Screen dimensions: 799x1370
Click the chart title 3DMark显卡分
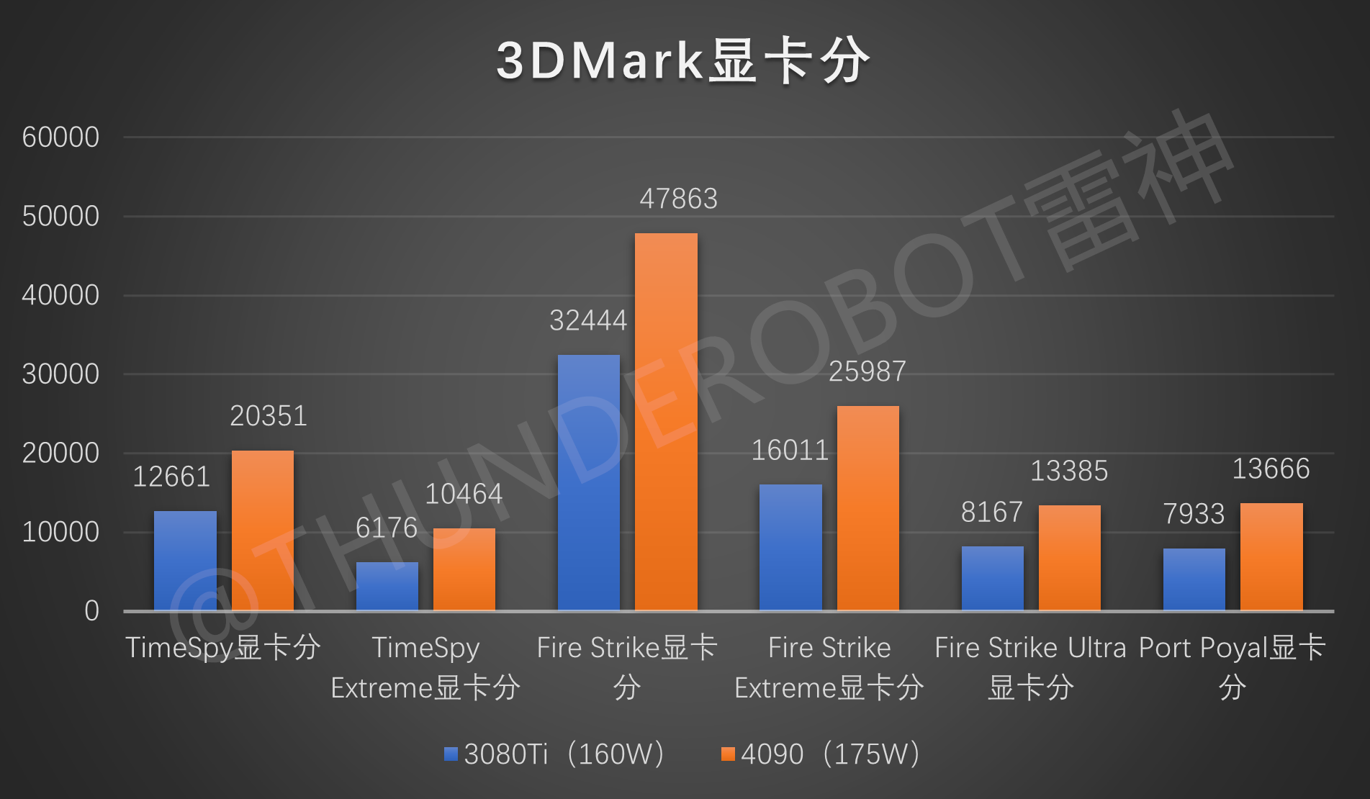tap(682, 61)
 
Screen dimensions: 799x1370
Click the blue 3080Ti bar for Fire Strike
tap(588, 482)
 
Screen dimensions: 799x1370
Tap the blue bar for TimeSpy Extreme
tap(387, 586)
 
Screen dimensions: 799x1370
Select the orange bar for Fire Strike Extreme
tap(867, 508)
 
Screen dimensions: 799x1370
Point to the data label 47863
tap(678, 199)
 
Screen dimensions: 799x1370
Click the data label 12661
tap(171, 477)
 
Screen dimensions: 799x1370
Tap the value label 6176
tap(387, 528)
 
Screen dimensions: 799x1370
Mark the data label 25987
tap(867, 371)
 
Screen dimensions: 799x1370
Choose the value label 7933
tap(1194, 513)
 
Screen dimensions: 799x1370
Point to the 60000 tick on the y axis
tap(60, 137)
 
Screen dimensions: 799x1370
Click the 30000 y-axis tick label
tap(60, 374)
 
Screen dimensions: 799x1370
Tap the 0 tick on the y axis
tap(91, 610)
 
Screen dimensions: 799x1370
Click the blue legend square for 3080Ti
tap(451, 754)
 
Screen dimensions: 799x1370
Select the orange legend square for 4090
tap(728, 754)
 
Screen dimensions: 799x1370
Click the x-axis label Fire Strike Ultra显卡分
tap(1030, 667)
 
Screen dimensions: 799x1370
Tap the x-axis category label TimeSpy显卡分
tap(223, 647)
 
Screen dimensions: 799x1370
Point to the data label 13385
tap(1069, 471)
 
